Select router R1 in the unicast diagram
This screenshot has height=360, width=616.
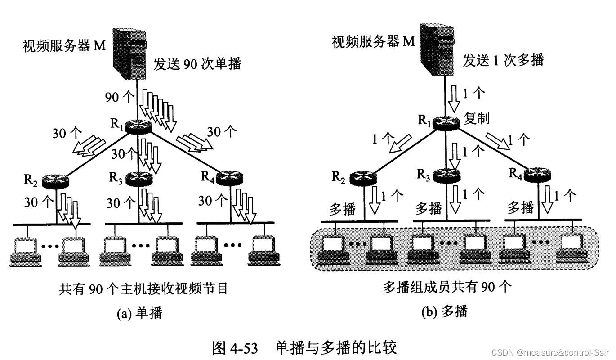click(138, 127)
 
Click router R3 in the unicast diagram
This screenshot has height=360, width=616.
click(139, 179)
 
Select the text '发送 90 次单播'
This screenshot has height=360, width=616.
click(198, 64)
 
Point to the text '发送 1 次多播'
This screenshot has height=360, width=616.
click(504, 60)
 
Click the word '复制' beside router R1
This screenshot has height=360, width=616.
click(477, 119)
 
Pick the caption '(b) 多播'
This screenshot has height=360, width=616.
click(445, 311)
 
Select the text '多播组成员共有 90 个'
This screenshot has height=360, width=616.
click(447, 287)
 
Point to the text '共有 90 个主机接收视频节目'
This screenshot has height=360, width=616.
click(143, 288)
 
